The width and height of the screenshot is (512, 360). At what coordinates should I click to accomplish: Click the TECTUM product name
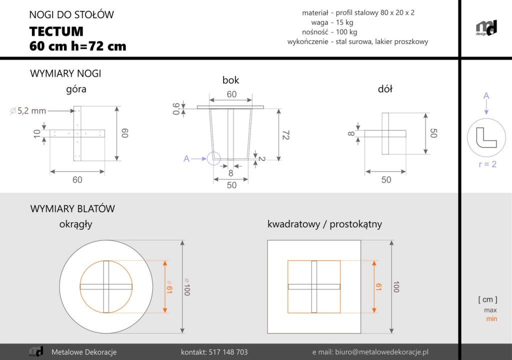point(56,31)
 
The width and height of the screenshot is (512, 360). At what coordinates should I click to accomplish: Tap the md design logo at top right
point(485,28)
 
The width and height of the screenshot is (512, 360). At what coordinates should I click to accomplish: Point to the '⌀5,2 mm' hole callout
point(28,111)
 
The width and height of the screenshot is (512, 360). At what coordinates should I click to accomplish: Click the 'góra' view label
point(76,90)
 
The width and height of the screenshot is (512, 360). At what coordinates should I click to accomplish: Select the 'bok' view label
point(230,80)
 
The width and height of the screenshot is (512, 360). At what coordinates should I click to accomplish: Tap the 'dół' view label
point(385,89)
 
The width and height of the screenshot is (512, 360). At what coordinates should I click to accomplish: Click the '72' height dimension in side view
point(285,135)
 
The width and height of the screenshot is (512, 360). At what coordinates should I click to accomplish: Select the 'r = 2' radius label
point(487,164)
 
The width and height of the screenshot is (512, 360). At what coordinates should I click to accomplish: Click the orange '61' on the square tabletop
point(378,286)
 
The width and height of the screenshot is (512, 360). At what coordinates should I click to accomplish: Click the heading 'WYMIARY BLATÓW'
point(72,208)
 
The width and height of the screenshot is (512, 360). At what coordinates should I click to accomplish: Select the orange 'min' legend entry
point(491,318)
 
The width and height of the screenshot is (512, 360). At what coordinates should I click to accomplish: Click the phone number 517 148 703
point(214,352)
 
